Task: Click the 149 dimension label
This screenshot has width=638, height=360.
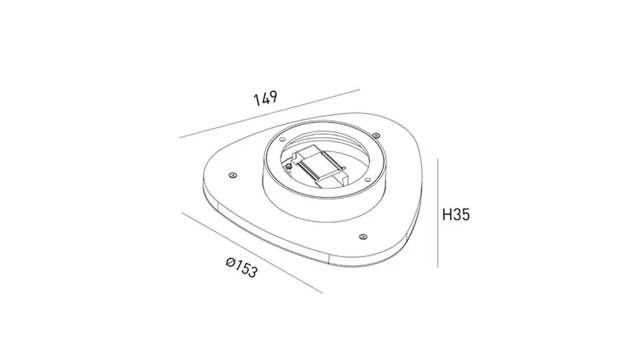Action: (265, 98)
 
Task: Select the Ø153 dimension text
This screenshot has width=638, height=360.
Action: (241, 267)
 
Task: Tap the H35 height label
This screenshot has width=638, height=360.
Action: (456, 215)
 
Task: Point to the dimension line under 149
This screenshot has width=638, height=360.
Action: (270, 114)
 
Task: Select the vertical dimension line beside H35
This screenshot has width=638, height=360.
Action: (438, 213)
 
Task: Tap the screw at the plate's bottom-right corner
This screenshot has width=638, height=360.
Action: (363, 236)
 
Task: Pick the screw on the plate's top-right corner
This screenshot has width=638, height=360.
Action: (376, 135)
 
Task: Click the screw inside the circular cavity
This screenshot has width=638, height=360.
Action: (290, 166)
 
